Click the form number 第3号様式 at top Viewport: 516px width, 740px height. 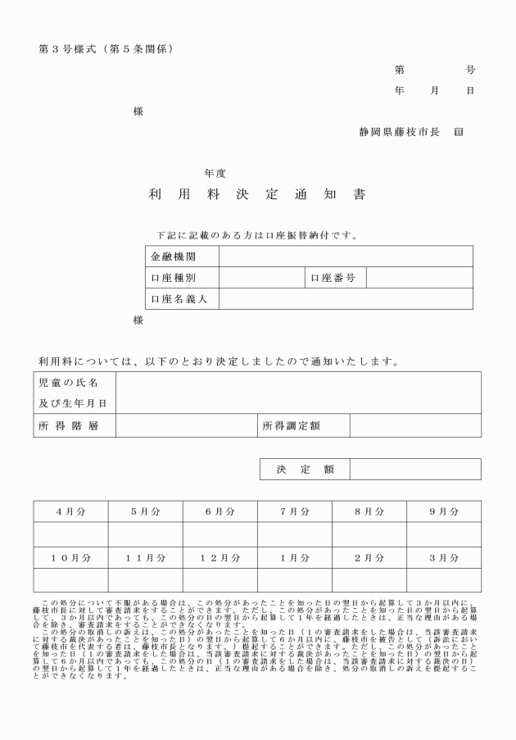tap(70, 48)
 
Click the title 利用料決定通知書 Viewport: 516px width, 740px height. tap(257, 195)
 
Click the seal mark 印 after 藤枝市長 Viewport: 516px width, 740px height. tap(458, 131)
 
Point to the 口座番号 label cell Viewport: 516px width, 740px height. tap(335, 278)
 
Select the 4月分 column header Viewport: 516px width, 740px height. tap(70, 511)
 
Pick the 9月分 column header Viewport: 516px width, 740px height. tap(443, 511)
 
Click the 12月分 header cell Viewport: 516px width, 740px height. tap(220, 558)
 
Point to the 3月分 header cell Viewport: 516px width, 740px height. tap(443, 558)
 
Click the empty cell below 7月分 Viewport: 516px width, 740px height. tap(294, 534)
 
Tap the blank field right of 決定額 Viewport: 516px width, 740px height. tap(415, 469)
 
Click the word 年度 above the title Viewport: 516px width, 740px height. tap(215, 173)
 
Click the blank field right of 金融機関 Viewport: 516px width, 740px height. tap(346, 257)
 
